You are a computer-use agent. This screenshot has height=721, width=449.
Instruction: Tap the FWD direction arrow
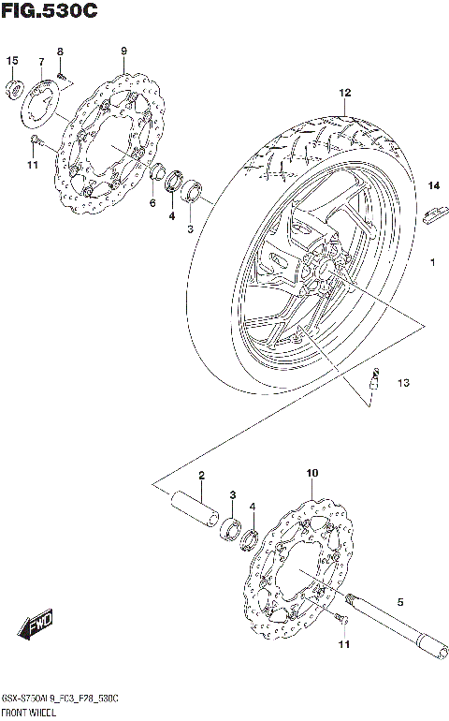click(x=34, y=623)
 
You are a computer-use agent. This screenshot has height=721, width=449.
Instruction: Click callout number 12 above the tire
click(x=344, y=93)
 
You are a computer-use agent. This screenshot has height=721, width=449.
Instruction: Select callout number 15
click(x=12, y=61)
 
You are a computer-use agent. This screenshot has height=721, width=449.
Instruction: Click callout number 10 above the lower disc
click(x=311, y=475)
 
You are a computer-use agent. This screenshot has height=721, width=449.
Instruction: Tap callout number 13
click(x=402, y=382)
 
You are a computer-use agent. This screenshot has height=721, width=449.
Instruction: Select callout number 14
click(x=433, y=186)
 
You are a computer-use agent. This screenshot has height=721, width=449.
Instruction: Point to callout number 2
click(x=200, y=476)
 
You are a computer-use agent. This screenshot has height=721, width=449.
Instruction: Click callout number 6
click(x=152, y=203)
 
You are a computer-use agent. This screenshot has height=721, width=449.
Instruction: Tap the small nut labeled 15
click(x=13, y=90)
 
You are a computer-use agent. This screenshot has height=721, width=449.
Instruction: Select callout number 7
click(x=41, y=62)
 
